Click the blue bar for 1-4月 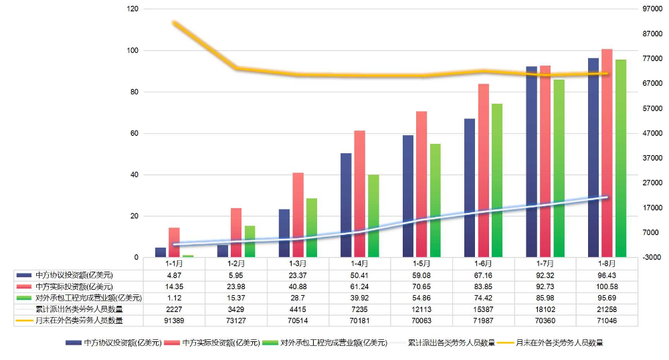[x=346, y=205]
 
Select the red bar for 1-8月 [x=607, y=153]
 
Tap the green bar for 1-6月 [x=496, y=181]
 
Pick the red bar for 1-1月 [x=174, y=242]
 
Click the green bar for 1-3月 [x=311, y=228]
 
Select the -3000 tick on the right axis [x=651, y=258]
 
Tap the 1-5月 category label [x=421, y=264]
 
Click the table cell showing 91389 [x=174, y=321]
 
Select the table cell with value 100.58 [x=606, y=286]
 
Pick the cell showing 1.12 [x=174, y=298]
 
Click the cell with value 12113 [x=421, y=309]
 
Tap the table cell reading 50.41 [x=359, y=275]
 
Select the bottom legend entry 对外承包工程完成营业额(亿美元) [x=333, y=343]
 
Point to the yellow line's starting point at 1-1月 [x=175, y=23]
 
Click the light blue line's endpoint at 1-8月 [x=607, y=197]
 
